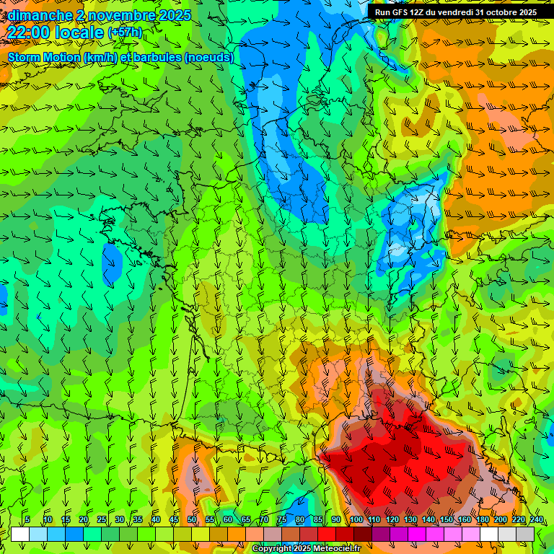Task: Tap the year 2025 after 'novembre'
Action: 173,15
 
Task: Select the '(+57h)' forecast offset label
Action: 124,32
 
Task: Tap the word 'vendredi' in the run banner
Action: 454,12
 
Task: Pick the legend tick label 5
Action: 27,520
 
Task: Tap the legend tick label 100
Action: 356,520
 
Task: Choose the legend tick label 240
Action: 536,520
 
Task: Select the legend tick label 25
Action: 102,520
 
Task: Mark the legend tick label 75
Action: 282,520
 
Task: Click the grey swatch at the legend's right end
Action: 525,534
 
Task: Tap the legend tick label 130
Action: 410,520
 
